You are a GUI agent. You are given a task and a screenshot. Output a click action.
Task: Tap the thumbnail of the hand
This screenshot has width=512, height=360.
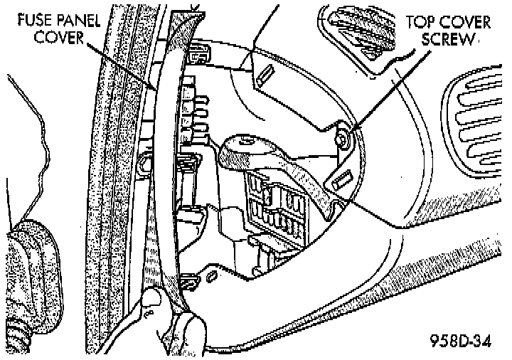(150, 302)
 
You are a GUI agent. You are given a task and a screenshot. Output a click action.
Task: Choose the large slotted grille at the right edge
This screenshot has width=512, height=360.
(478, 128)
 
